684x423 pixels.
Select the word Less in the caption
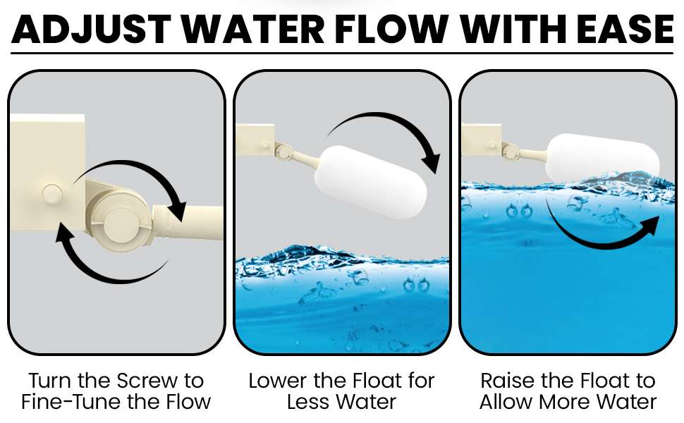coord(305,402)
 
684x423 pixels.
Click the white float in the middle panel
coord(370,182)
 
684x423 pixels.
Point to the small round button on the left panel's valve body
coord(52,195)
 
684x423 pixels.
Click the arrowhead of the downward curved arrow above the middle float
coord(431,163)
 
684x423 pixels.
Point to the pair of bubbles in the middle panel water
coord(416,286)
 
